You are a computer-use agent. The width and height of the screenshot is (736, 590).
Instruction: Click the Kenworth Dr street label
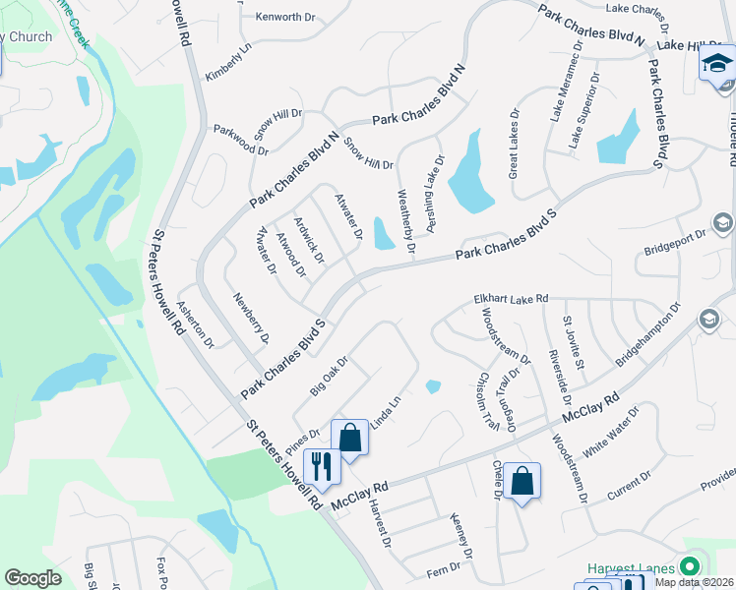click(283, 17)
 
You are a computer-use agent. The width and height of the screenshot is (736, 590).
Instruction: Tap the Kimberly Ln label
click(229, 61)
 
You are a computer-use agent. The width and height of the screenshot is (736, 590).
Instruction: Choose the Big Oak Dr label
click(330, 376)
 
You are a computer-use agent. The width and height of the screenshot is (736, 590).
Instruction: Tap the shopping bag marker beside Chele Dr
click(523, 481)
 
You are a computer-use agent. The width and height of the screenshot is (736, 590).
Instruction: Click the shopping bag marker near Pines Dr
click(349, 436)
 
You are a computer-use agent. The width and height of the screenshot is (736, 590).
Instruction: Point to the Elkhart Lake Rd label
click(510, 297)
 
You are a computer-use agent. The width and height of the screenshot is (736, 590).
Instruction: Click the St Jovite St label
click(574, 343)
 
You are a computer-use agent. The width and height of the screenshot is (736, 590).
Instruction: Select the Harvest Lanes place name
click(631, 568)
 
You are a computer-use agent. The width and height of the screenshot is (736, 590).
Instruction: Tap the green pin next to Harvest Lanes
click(689, 565)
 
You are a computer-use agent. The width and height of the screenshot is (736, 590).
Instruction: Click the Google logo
click(32, 578)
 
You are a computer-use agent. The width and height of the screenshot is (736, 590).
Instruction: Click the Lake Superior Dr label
click(582, 109)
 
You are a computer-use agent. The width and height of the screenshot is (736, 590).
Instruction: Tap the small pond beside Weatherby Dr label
click(383, 233)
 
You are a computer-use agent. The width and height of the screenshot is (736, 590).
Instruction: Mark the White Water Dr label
click(610, 432)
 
